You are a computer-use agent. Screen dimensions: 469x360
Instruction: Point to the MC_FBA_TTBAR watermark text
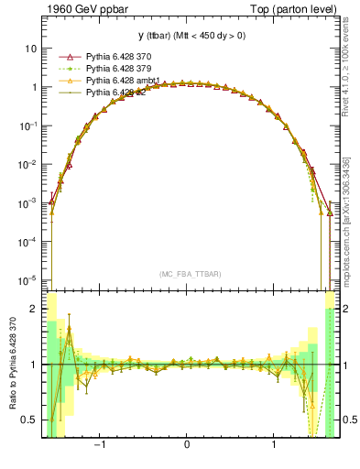[x=187, y=274]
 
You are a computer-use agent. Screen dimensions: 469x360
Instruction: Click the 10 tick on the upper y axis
[x=33, y=48]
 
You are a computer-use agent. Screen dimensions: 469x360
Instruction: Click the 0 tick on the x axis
[x=187, y=446]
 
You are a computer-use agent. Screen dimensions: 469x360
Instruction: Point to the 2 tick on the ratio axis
[x=35, y=309]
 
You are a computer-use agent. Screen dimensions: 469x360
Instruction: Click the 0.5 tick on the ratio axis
[x=31, y=420]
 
